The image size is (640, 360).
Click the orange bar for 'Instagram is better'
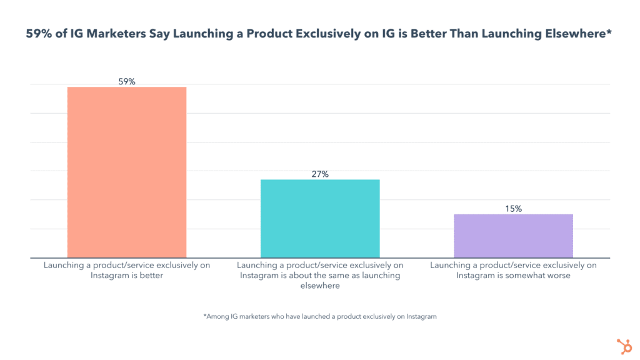point(127,172)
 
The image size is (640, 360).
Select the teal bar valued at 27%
point(320,218)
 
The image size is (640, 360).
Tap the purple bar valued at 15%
point(513,236)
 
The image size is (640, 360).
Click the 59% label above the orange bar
point(127,81)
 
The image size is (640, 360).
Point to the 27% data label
point(320,174)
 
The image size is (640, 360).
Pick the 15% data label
point(513,209)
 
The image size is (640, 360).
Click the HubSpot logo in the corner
point(622,346)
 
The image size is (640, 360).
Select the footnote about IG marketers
point(320,316)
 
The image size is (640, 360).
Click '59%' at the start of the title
point(39,35)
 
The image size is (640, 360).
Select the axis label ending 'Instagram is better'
point(127,270)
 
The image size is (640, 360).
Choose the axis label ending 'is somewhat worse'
point(513,270)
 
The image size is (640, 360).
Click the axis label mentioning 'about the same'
point(320,275)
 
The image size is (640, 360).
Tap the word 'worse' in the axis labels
point(557,276)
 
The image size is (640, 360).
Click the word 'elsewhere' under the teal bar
point(320,286)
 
